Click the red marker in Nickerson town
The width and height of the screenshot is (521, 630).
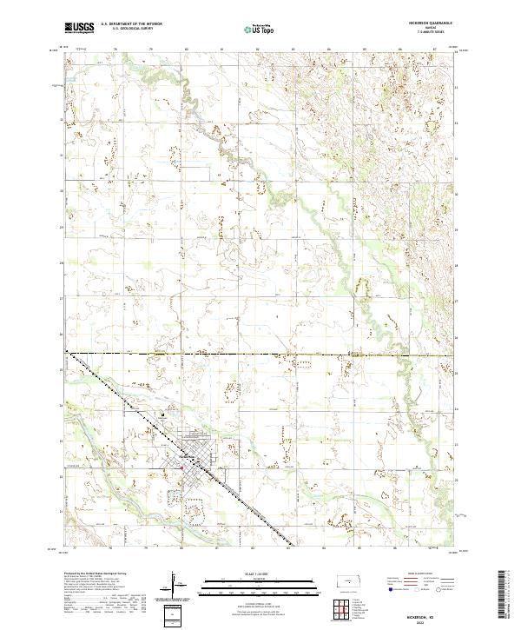(x=181, y=470)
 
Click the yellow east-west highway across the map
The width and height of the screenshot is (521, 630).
(x=260, y=355)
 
